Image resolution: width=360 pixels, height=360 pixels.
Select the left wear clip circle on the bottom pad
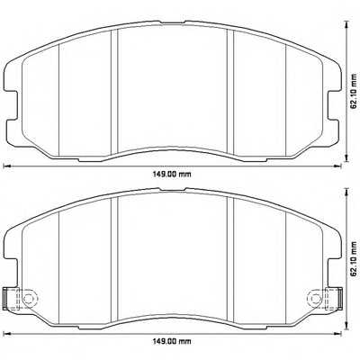[27, 299]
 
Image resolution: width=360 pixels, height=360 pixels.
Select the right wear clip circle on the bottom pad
[314, 299]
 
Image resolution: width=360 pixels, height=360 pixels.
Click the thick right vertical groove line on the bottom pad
[232, 256]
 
